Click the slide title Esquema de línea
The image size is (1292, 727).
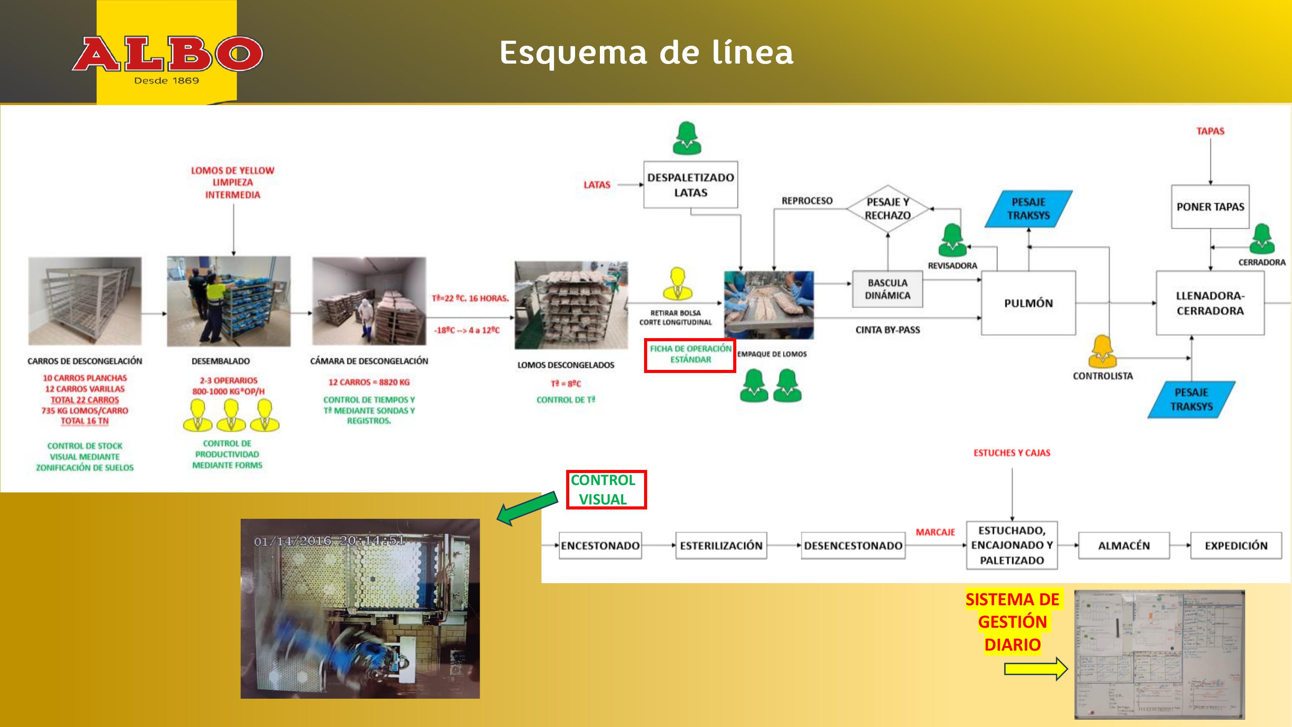tap(646, 53)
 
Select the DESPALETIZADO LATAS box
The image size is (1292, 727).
tap(690, 185)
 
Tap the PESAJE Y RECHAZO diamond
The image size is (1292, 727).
tap(887, 209)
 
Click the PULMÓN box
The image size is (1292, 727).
tap(1028, 303)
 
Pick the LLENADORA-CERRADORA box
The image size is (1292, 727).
tap(1210, 303)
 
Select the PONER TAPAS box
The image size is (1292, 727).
tap(1210, 207)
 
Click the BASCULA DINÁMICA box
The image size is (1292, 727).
tap(887, 289)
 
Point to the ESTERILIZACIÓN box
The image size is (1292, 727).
tap(721, 546)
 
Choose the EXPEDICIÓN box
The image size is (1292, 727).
tap(1236, 546)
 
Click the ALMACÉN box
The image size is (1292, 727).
tap(1123, 546)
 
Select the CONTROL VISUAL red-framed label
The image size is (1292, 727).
tap(606, 490)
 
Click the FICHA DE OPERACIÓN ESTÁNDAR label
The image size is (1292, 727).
tap(690, 355)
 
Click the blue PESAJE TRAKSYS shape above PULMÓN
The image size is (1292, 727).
tap(1028, 209)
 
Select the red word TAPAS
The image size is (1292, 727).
tap(1210, 131)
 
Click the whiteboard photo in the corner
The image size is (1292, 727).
tap(1159, 654)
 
